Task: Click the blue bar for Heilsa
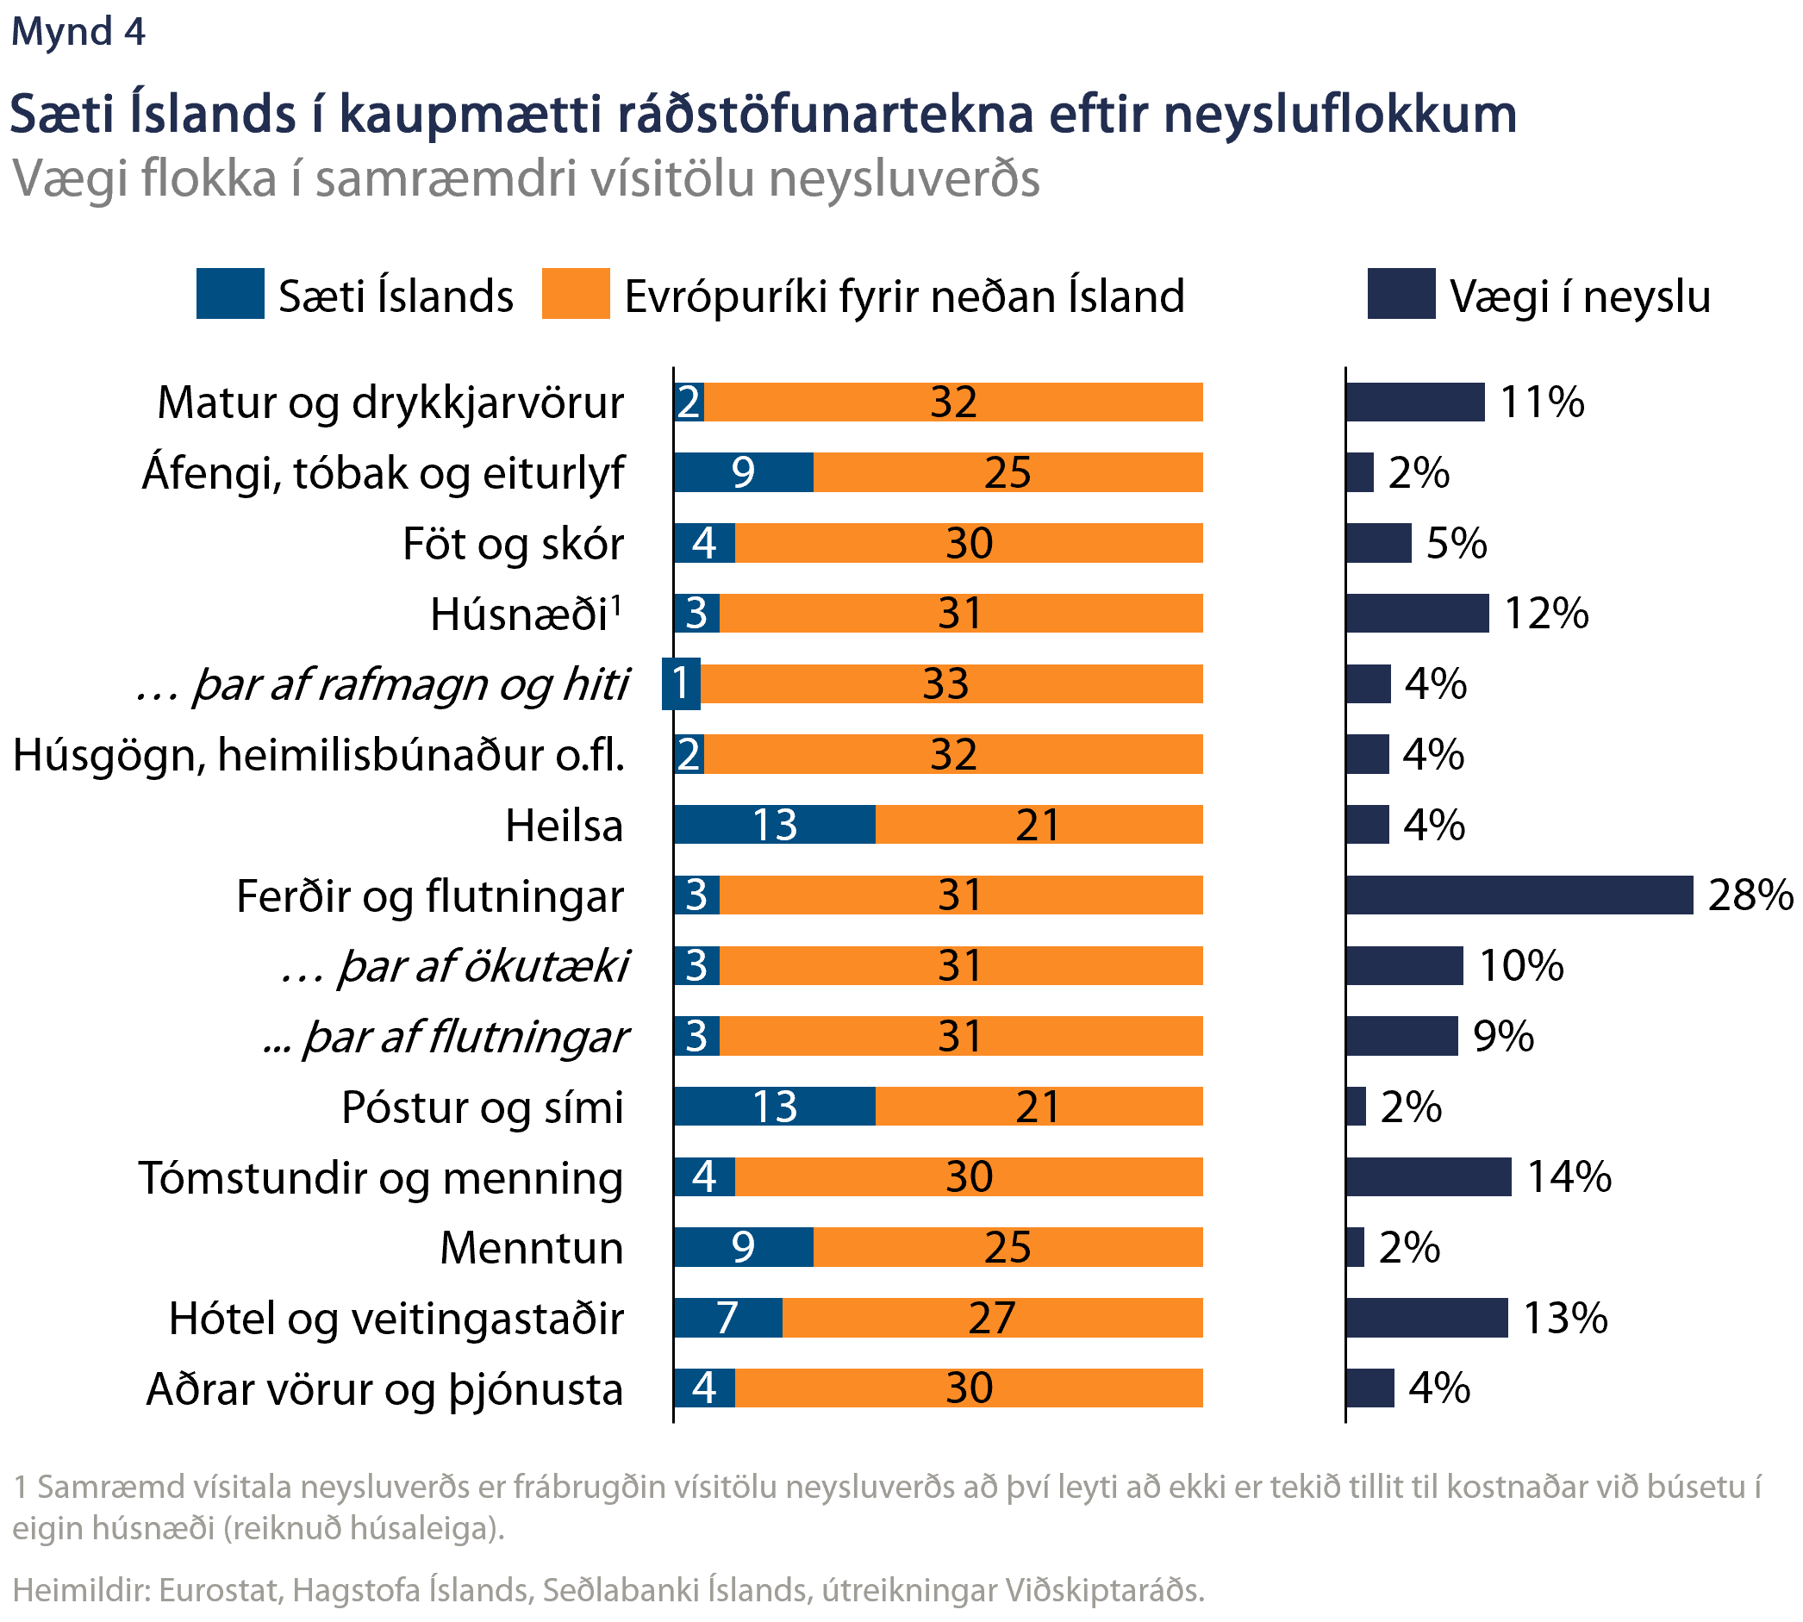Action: [775, 825]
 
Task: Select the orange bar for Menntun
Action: [1008, 1247]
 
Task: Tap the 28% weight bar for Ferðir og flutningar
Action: [1519, 895]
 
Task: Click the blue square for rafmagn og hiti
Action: [681, 683]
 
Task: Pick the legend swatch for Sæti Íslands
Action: [230, 293]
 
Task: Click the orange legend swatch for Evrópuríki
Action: [576, 293]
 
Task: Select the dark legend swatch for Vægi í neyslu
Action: [1401, 293]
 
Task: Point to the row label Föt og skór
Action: [513, 544]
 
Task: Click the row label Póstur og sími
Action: [482, 1107]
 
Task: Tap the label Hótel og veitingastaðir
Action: [396, 1319]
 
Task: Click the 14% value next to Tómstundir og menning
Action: [1569, 1177]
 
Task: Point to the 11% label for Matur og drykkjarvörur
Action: [1542, 402]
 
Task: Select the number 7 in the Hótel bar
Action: [727, 1318]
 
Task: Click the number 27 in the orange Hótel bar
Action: [991, 1318]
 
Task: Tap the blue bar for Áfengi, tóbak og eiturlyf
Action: [743, 472]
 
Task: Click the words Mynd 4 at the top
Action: [78, 32]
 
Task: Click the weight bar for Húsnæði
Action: [1417, 613]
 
